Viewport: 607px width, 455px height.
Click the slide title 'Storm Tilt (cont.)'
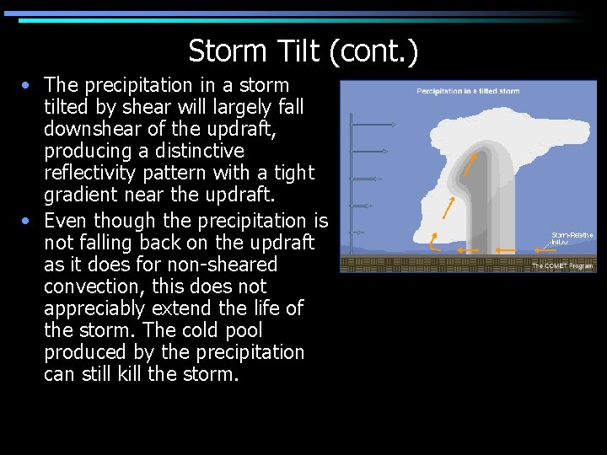click(303, 51)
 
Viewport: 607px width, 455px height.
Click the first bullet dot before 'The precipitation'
click(29, 85)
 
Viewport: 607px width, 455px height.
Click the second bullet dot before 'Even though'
click(29, 221)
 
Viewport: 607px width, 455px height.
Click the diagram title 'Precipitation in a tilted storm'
click(468, 91)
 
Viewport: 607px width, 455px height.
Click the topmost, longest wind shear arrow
click(373, 125)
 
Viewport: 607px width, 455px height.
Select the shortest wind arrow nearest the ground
click(357, 233)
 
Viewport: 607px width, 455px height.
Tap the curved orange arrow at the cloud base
click(435, 242)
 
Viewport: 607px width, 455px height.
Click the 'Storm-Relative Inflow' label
click(571, 238)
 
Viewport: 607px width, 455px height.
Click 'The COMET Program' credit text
click(561, 265)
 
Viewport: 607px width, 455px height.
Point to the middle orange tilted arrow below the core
click(450, 207)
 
